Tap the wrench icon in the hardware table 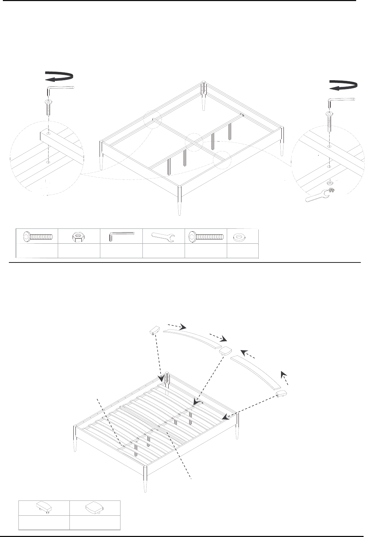[x=163, y=237]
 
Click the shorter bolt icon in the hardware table [x=38, y=237]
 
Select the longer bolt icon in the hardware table [x=207, y=236]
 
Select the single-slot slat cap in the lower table [x=44, y=508]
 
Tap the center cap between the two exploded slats [x=225, y=351]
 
